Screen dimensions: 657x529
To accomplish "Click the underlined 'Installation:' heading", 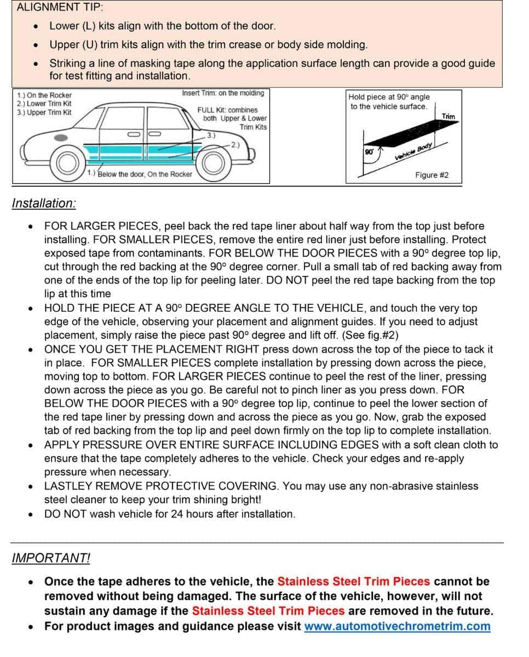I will [x=44, y=203].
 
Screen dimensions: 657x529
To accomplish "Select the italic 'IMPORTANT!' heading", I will [x=51, y=558].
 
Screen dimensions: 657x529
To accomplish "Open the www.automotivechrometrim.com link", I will [x=397, y=626].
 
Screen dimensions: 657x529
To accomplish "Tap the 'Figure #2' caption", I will [x=432, y=175].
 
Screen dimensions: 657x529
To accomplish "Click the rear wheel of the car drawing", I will [x=67, y=162].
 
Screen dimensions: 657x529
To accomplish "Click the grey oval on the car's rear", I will [x=61, y=136].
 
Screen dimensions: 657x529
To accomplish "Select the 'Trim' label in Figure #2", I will [x=448, y=116].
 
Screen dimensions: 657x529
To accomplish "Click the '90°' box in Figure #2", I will [x=368, y=152].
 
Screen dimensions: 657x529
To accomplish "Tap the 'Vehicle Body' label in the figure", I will [x=414, y=152].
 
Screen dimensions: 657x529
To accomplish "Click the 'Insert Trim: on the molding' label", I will [x=223, y=93].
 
